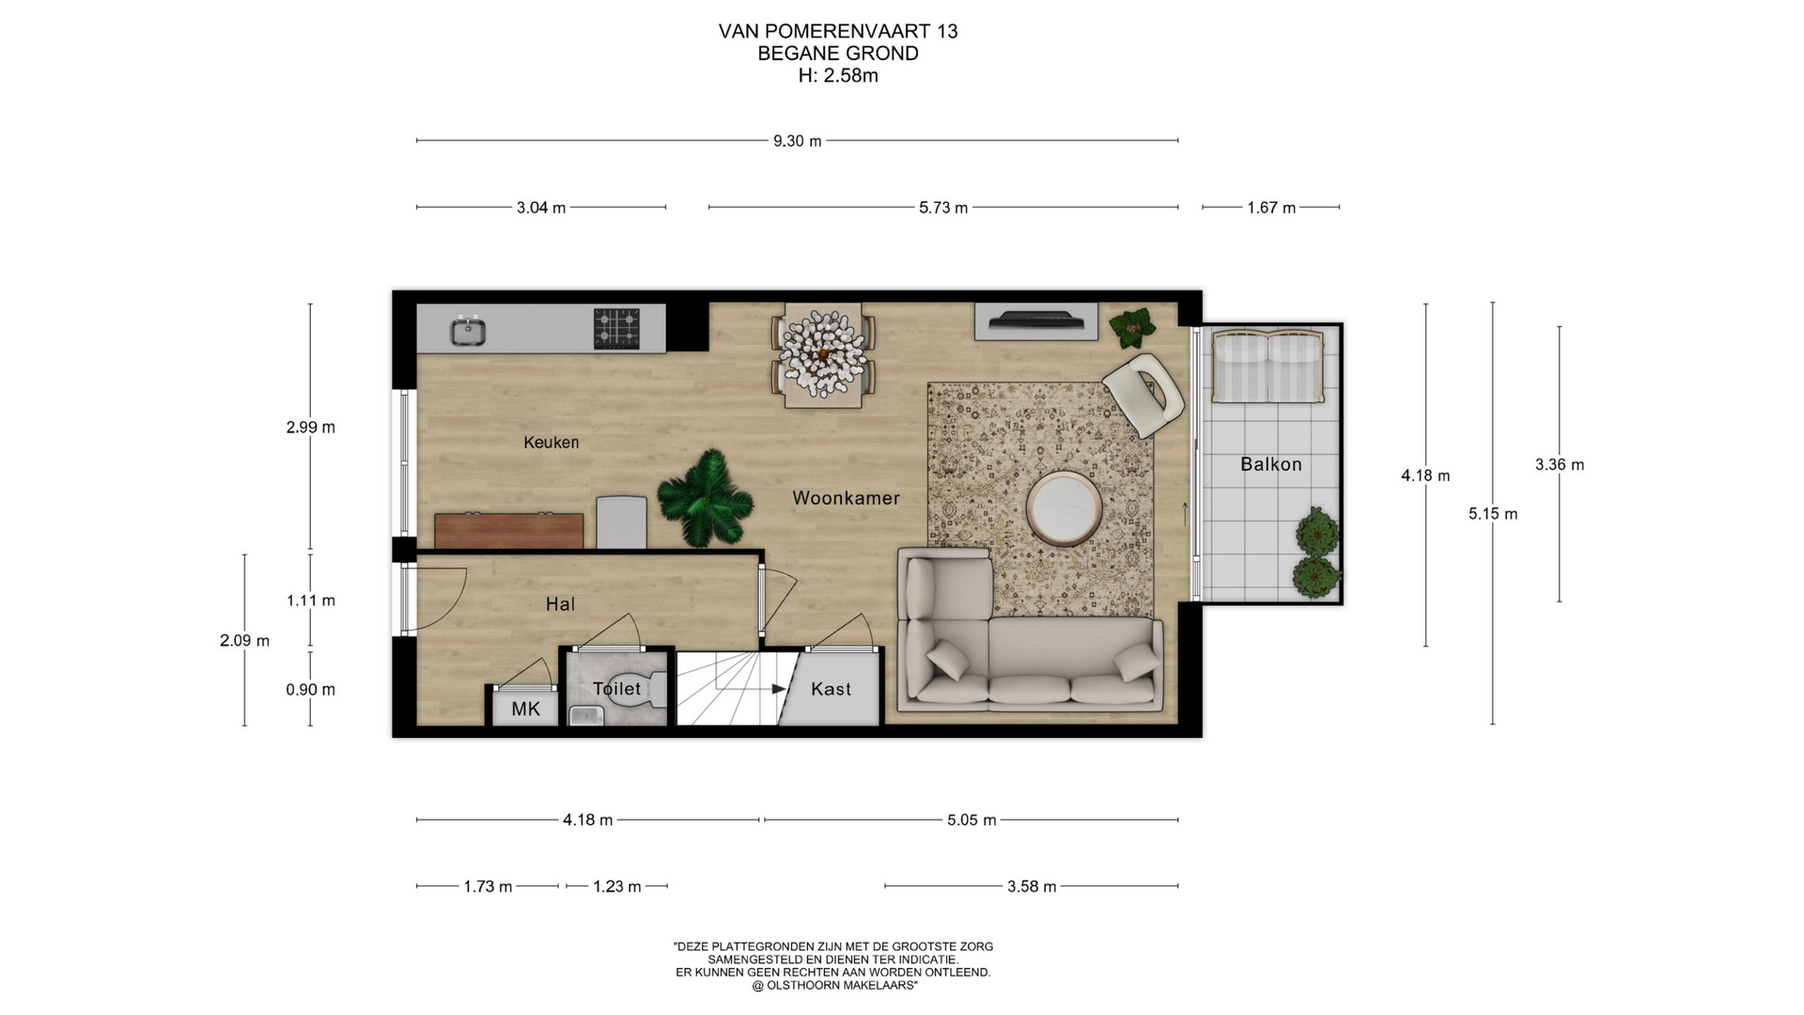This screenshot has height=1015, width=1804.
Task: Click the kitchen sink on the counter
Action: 467,331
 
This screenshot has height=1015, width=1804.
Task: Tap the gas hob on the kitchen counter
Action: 616,329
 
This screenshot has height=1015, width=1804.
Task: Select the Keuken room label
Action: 552,443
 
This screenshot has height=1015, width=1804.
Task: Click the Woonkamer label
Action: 846,498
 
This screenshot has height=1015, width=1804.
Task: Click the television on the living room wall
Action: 1035,320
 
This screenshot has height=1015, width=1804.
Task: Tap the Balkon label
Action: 1271,464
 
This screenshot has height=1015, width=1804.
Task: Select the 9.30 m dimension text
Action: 798,141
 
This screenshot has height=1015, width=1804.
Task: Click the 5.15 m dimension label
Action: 1493,514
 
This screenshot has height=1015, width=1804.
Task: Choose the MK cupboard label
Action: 526,709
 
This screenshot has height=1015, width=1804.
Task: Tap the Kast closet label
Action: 831,690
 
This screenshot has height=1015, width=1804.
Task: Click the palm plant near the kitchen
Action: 705,498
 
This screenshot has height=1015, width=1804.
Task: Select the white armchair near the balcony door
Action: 1143,395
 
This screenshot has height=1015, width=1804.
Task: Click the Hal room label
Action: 560,604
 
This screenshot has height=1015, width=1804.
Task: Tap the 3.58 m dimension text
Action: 1032,886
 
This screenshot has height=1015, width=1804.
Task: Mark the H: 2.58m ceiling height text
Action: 838,76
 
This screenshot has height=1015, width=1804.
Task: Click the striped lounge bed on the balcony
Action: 1268,367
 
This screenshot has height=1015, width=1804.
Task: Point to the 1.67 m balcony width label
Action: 1271,208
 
